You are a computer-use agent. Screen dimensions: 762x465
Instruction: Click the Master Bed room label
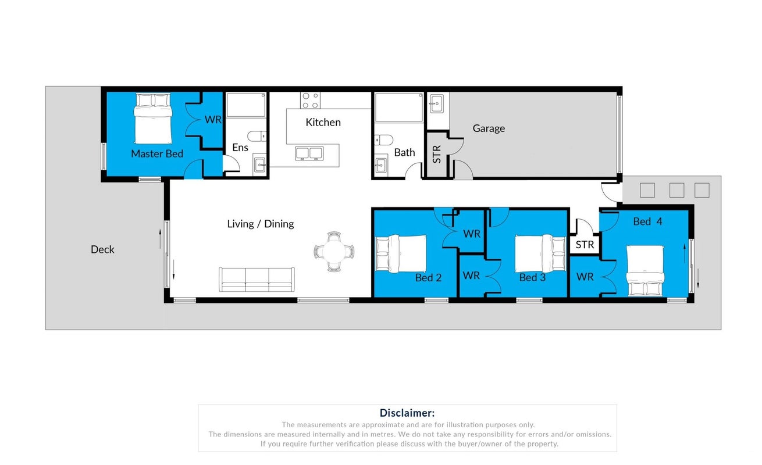pyautogui.click(x=157, y=153)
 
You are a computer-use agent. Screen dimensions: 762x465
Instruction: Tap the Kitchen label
pyautogui.click(x=323, y=123)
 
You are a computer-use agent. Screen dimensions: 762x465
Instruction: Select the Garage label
pyautogui.click(x=489, y=128)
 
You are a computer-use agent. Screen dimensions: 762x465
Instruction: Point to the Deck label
pyautogui.click(x=102, y=249)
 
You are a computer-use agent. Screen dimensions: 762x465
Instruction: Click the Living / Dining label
pyautogui.click(x=260, y=224)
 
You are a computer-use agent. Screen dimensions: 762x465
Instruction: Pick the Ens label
pyautogui.click(x=240, y=148)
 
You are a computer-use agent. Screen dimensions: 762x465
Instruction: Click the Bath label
pyautogui.click(x=404, y=153)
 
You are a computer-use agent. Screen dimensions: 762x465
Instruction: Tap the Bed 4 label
pyautogui.click(x=647, y=221)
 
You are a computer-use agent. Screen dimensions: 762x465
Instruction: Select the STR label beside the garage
pyautogui.click(x=437, y=154)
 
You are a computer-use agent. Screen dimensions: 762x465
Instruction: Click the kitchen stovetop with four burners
pyautogui.click(x=310, y=101)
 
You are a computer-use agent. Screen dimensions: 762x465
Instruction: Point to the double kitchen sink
pyautogui.click(x=309, y=153)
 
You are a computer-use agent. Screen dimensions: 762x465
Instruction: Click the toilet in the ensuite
pyautogui.click(x=257, y=137)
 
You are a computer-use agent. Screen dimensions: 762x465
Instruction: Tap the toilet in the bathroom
pyautogui.click(x=384, y=139)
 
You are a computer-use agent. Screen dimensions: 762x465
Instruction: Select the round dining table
pyautogui.click(x=334, y=252)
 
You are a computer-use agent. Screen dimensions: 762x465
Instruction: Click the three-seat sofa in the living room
pyautogui.click(x=257, y=280)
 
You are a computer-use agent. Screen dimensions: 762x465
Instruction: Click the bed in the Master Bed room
pyautogui.click(x=153, y=119)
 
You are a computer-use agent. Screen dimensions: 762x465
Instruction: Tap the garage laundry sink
pyautogui.click(x=436, y=103)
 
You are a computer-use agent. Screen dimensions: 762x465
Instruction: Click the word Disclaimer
pyautogui.click(x=407, y=413)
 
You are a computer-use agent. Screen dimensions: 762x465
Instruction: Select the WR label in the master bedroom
pyautogui.click(x=213, y=120)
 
